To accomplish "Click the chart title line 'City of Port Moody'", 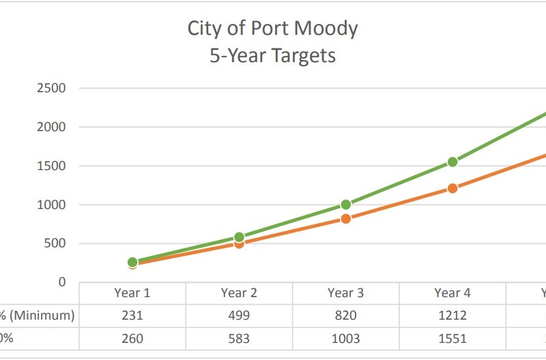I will [x=272, y=29].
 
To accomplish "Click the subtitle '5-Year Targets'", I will [x=272, y=55].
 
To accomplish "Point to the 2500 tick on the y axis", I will [x=52, y=88].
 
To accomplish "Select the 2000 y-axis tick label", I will [x=52, y=127].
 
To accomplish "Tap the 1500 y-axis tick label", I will [x=52, y=166].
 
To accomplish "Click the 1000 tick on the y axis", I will [x=52, y=205].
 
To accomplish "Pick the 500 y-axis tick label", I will [x=55, y=244].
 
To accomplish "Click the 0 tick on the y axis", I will [x=62, y=282].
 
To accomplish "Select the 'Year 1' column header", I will [x=132, y=293].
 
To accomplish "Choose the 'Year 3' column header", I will [x=345, y=293].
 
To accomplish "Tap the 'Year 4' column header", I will [x=452, y=293].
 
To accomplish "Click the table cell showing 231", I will [x=132, y=316].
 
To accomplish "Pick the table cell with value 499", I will [x=239, y=316].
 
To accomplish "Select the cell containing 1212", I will [x=452, y=316].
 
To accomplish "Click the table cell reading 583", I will [x=239, y=338].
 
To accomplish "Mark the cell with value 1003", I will [x=345, y=338].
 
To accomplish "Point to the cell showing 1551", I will [x=452, y=338].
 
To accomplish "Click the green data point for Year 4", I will [x=452, y=162].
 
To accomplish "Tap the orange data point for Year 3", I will [x=345, y=219].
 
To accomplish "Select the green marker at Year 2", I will [x=239, y=237].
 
